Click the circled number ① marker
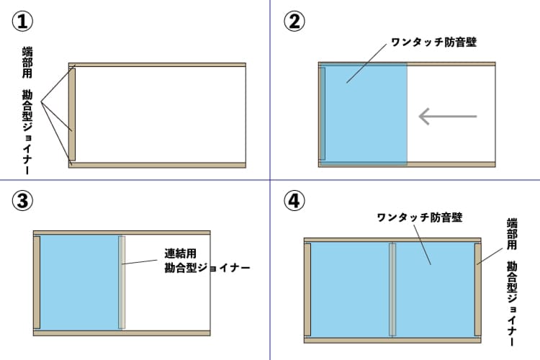point(22,21)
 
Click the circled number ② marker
point(294,21)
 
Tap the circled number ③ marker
point(22,200)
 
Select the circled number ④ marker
point(294,200)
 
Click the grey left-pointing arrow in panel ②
point(448,116)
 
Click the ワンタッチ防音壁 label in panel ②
point(434,42)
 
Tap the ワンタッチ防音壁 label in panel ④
point(420,217)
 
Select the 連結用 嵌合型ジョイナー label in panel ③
point(207,261)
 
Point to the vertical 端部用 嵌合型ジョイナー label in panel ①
point(27,110)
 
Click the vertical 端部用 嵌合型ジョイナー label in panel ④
point(512,282)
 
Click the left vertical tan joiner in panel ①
point(72,114)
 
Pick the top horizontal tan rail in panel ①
point(157,65)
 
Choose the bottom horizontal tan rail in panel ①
point(157,165)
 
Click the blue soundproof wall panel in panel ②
point(363,114)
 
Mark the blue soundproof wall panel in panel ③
point(79,282)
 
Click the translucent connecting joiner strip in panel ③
point(122,282)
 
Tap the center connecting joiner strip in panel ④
point(392,289)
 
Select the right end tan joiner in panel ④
point(478,289)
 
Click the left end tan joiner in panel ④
point(307,289)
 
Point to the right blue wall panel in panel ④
point(436,289)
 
